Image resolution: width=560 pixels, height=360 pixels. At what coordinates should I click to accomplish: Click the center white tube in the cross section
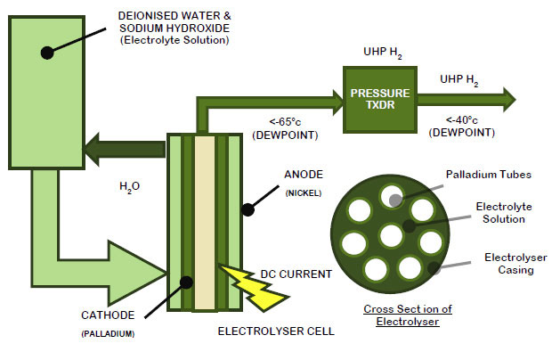pyautogui.click(x=391, y=237)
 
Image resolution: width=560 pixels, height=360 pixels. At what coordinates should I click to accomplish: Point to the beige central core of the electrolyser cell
pyautogui.click(x=206, y=223)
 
